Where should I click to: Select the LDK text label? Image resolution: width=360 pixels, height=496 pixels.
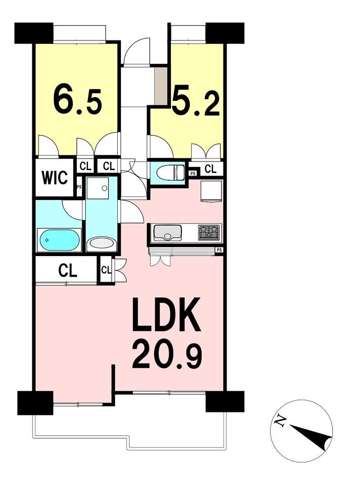[167, 315]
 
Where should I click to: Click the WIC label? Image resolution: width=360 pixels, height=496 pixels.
[55, 178]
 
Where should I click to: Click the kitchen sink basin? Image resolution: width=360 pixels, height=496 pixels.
[167, 232]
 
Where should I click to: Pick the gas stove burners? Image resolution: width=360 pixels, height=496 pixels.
[209, 232]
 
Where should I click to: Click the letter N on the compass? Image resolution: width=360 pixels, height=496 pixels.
[280, 420]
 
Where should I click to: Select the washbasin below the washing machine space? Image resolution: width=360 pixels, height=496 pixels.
[102, 244]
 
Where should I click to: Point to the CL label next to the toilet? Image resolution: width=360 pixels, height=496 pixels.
[211, 169]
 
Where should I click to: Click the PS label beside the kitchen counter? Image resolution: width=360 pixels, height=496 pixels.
[219, 250]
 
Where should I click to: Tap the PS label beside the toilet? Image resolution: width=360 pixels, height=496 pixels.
[193, 173]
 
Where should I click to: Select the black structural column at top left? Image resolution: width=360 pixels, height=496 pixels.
[33, 33]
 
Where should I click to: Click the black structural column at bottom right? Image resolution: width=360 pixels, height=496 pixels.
[224, 401]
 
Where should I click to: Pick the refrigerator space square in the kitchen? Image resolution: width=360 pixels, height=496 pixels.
[212, 191]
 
